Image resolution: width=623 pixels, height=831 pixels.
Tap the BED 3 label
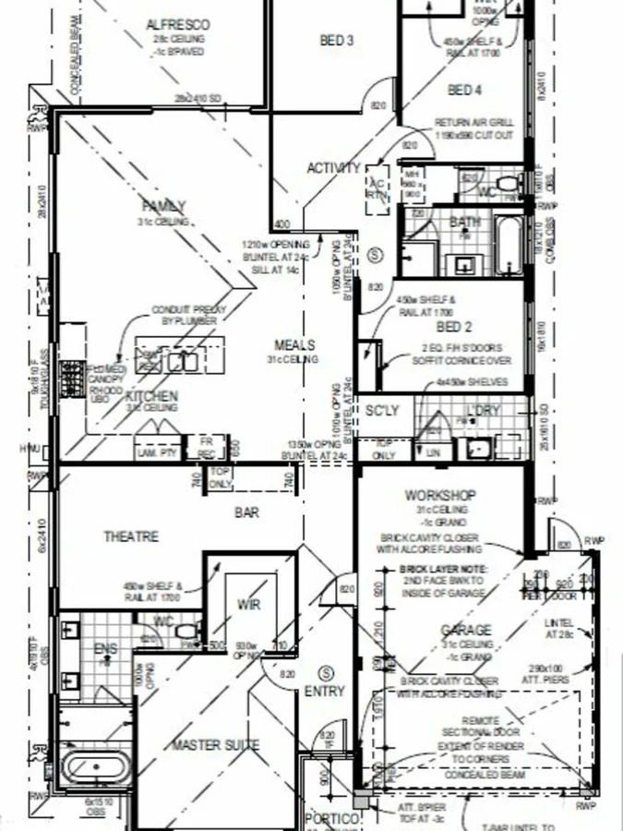pos(337,40)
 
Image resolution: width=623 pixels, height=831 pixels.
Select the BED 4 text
pos(464,90)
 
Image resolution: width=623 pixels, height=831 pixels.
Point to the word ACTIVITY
pos(333,168)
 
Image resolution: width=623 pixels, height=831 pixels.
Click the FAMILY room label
pos(164,206)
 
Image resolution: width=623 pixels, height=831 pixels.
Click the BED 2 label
pos(454,327)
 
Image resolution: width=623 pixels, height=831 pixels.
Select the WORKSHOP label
pos(440,496)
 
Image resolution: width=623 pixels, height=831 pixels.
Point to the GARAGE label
pos(466,631)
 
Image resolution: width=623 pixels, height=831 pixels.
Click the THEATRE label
pos(130,536)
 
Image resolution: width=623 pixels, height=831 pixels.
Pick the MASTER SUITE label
pos(216,744)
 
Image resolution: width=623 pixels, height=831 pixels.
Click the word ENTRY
pos(324,691)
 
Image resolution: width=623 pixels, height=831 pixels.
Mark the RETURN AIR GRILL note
pos(473,122)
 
